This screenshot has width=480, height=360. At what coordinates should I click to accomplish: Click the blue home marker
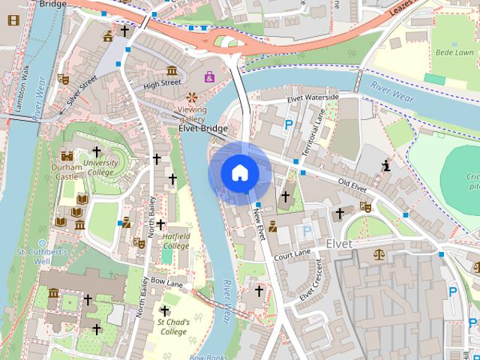point(239,173)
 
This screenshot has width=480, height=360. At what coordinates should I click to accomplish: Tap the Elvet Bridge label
point(202,128)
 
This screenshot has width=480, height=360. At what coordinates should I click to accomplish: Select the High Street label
point(162,84)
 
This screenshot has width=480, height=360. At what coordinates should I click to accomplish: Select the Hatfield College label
point(176,241)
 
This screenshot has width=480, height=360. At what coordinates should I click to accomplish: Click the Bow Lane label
point(166,283)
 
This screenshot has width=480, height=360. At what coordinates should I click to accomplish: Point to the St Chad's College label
point(172,327)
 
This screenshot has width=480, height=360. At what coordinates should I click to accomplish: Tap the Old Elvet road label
point(352,183)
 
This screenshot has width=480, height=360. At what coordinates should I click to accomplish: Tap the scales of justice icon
point(379,253)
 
